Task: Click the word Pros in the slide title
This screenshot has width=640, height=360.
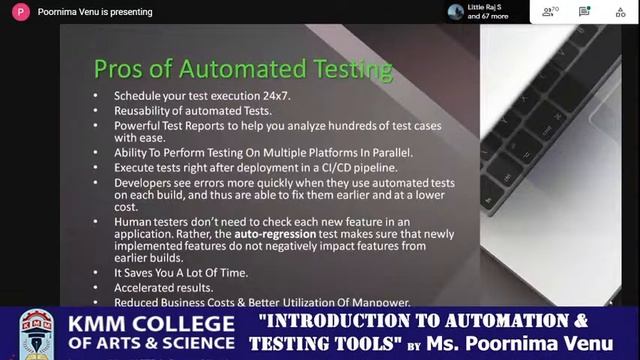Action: (x=116, y=68)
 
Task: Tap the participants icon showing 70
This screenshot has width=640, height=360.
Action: (x=550, y=12)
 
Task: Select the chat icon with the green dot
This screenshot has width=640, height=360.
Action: (x=584, y=12)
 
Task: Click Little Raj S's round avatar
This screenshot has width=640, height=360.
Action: (x=456, y=12)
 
